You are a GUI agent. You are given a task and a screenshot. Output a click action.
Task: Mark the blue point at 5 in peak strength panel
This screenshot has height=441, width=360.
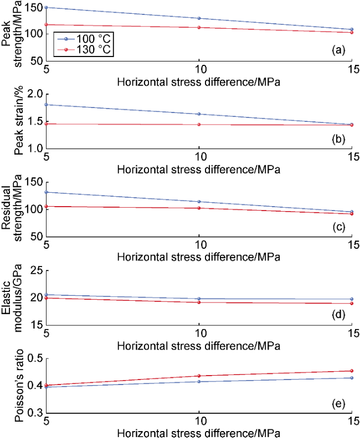point(47,7)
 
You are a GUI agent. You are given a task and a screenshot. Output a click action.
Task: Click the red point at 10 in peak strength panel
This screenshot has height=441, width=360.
point(199,27)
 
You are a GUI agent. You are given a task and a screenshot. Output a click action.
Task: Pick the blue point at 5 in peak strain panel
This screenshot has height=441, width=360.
point(47,105)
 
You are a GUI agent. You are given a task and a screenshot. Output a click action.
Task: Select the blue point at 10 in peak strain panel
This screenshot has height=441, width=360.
point(199,114)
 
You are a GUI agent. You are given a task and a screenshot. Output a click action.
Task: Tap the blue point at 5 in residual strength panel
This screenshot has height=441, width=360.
point(47,192)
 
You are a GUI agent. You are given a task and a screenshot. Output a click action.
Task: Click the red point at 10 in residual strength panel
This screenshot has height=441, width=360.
point(199,208)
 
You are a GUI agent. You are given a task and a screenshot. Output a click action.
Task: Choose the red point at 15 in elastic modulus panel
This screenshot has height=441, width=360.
point(351,303)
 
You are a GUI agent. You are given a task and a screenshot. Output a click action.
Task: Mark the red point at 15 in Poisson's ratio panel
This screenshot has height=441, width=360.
point(351,371)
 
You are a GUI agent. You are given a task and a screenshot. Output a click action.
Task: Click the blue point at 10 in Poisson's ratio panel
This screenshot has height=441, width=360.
point(199,381)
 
